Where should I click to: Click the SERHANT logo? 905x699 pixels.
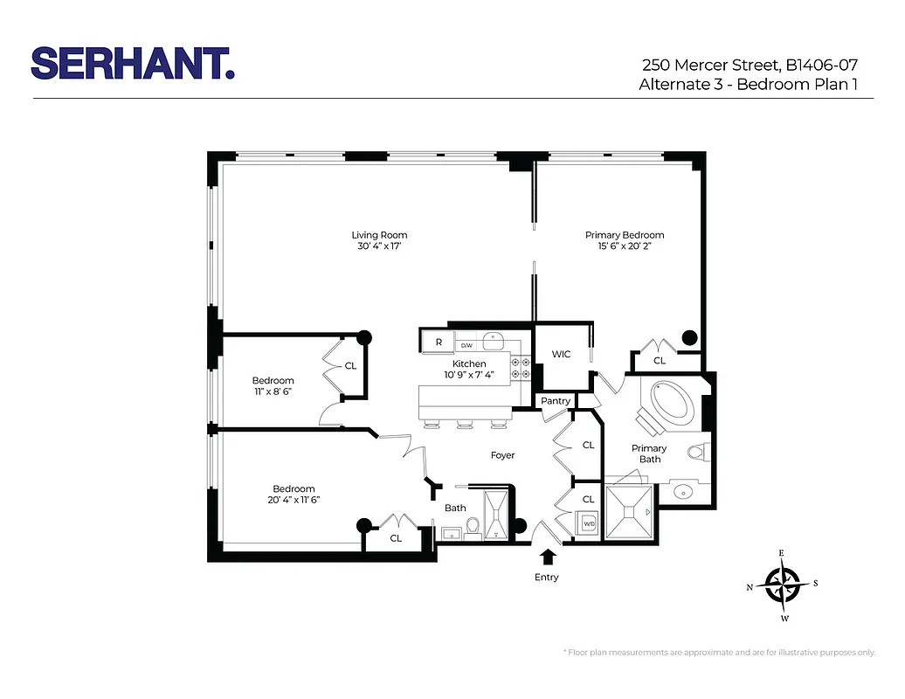click(x=133, y=64)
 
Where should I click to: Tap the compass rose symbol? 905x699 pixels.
click(x=783, y=585)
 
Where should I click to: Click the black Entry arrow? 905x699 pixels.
click(x=548, y=557)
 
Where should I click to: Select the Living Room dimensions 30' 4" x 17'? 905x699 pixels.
click(x=379, y=246)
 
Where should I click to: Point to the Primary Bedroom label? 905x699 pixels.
click(x=624, y=235)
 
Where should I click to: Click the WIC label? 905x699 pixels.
click(x=561, y=354)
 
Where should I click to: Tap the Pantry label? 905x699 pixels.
click(x=556, y=401)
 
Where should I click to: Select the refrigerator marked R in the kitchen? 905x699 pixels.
click(x=438, y=342)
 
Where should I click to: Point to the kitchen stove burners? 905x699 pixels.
click(x=521, y=368)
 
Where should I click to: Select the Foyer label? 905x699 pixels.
click(x=502, y=455)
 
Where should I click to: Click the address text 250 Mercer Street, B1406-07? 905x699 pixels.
click(x=756, y=64)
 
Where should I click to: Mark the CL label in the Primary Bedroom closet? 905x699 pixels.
click(x=660, y=360)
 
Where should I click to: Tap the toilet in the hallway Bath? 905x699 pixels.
click(x=472, y=527)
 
